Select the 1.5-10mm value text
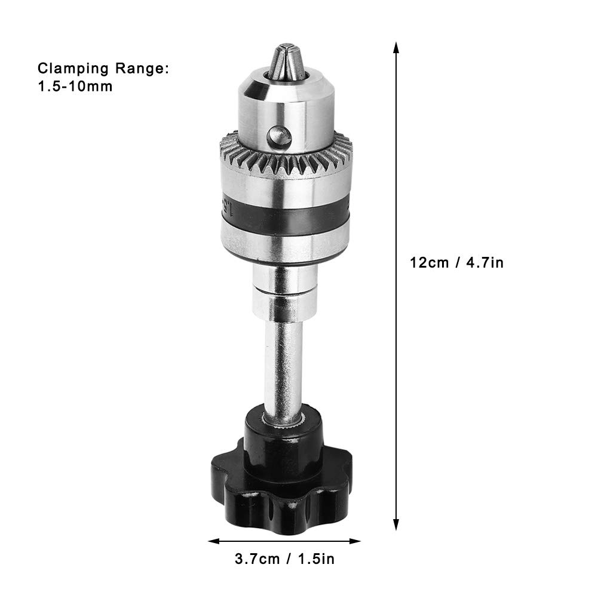(75, 86)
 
